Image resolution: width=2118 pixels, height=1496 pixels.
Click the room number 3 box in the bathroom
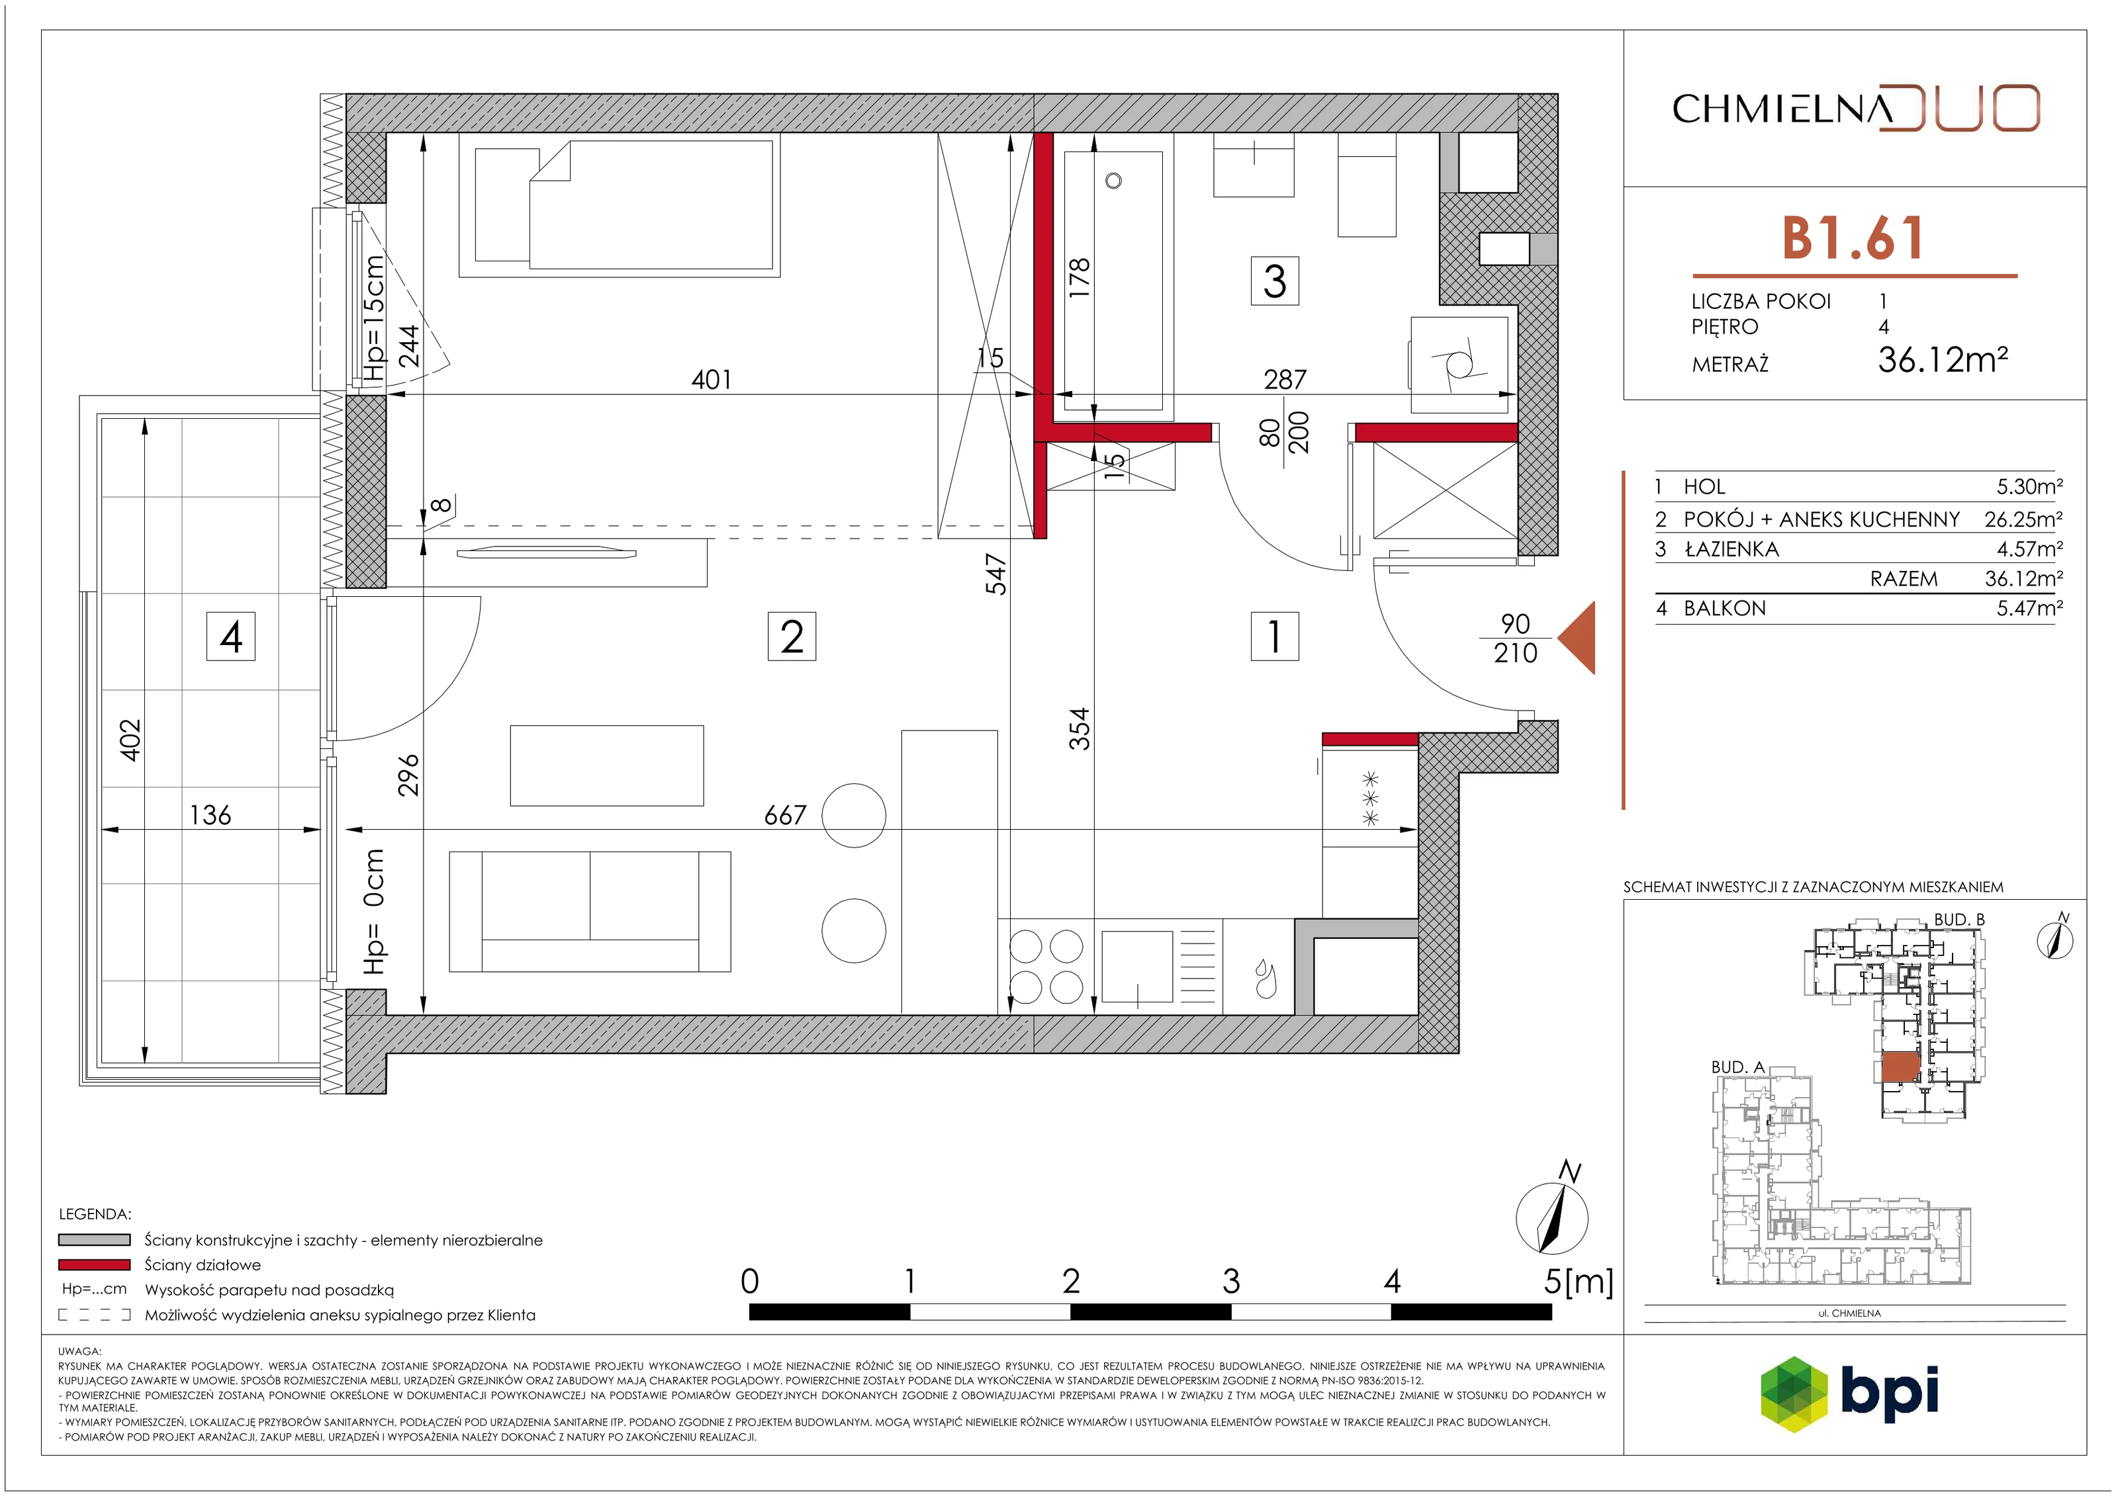[1274, 281]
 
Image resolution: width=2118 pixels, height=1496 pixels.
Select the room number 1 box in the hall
[1274, 637]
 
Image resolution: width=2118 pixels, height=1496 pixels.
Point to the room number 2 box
[792, 637]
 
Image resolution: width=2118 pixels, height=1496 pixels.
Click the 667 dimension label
[785, 815]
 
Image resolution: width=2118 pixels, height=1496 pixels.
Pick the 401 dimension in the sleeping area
[712, 379]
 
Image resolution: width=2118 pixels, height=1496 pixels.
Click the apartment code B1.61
[1853, 238]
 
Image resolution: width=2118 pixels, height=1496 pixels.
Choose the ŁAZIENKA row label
[1731, 549]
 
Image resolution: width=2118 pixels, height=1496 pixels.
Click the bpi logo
[1849, 1393]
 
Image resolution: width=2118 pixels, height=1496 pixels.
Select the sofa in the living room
[590, 911]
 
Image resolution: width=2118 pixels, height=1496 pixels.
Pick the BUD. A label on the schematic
[1738, 1067]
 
